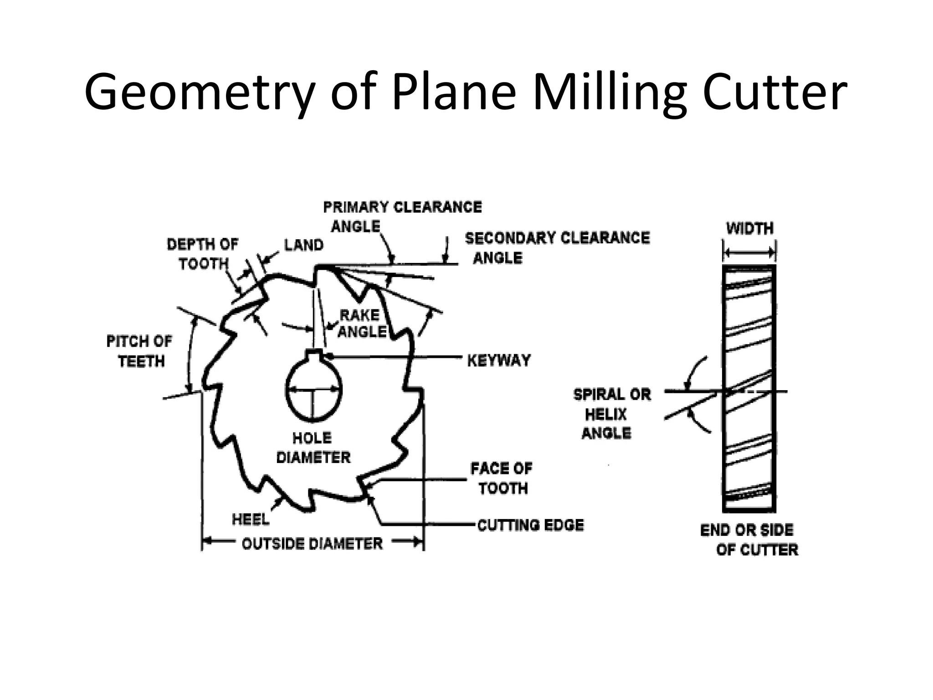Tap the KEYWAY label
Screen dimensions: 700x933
499,360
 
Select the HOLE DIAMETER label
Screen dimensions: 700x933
313,448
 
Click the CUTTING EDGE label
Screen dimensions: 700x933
530,525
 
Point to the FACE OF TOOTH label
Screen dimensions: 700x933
502,478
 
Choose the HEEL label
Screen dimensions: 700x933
251,519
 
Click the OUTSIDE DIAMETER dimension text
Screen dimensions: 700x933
312,544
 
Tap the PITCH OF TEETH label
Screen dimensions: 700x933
139,351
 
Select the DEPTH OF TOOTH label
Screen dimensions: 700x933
203,254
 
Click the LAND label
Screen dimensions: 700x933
303,245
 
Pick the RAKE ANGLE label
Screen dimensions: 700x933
361,323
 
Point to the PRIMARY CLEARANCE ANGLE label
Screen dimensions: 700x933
402,216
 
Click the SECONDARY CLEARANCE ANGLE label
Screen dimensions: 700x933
557,247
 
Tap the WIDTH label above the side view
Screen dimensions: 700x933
749,228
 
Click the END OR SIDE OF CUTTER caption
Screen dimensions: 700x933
749,540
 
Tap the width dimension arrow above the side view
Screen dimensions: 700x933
749,252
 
